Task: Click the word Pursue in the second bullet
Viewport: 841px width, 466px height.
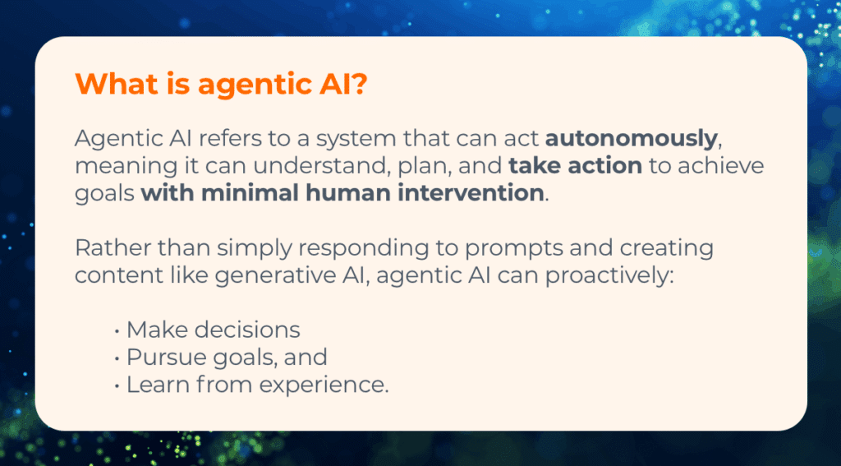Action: coord(158,358)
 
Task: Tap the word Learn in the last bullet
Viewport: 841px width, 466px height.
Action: coord(151,384)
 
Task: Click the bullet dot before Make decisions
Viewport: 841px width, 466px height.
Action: coord(117,330)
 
